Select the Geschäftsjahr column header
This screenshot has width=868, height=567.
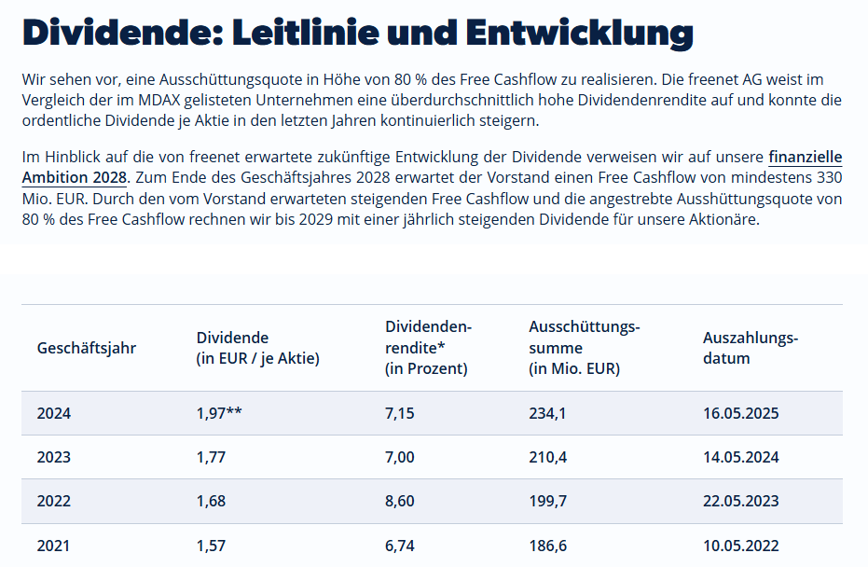coord(87,348)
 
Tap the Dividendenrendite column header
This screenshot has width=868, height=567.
coord(428,347)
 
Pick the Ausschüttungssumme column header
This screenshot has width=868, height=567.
coord(584,347)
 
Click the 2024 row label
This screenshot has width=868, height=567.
coord(54,413)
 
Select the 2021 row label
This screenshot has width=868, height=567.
coord(54,546)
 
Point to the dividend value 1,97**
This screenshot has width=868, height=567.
coord(220,413)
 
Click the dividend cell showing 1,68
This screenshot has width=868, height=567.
coord(212,502)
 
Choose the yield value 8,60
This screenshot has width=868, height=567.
coord(400,502)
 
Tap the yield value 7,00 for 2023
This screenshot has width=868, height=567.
coord(400,457)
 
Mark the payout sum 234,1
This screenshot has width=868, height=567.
coord(547,413)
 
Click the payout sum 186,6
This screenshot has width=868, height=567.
coord(547,546)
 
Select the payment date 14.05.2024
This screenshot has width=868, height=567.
coord(740,457)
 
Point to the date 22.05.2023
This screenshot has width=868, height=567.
coord(740,502)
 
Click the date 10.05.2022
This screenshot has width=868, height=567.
coord(740,546)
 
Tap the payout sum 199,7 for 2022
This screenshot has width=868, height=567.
coord(547,502)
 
